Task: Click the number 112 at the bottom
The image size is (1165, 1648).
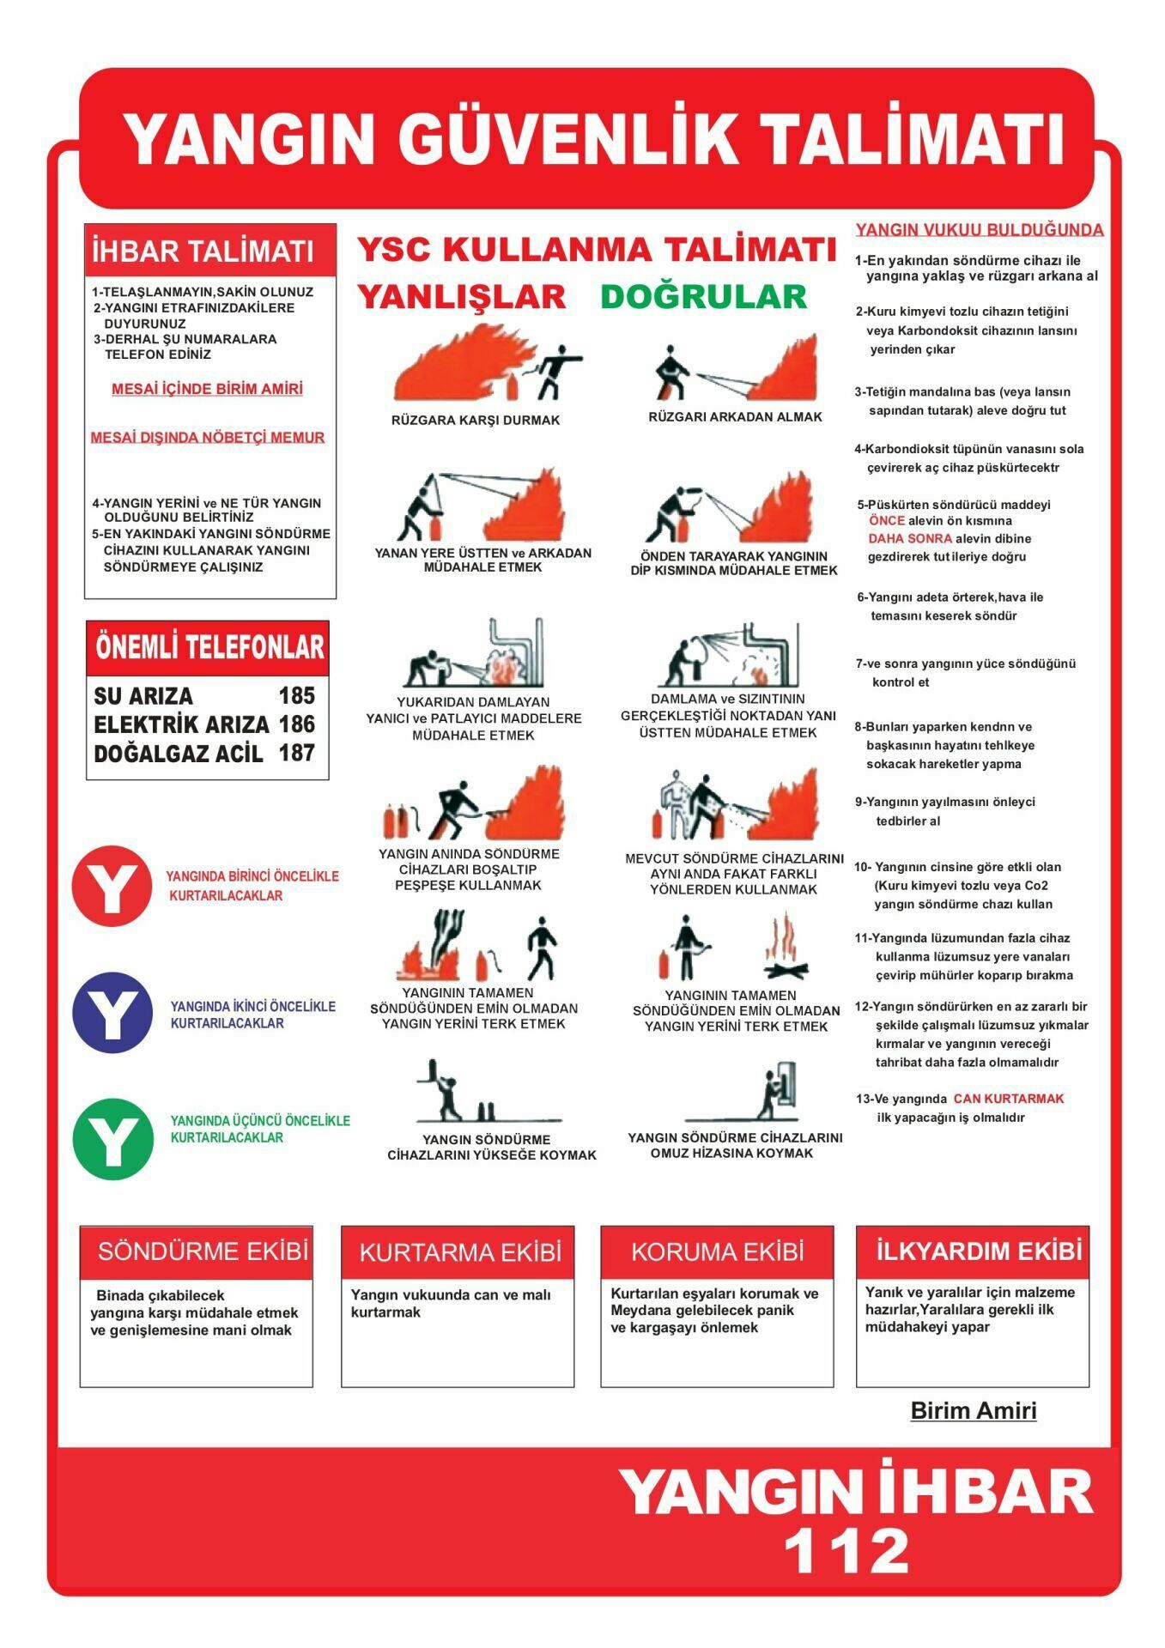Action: (846, 1551)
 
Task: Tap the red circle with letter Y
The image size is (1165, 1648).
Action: (112, 886)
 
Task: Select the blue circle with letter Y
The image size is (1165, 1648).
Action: (112, 1013)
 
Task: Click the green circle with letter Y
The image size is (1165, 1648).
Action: (112, 1140)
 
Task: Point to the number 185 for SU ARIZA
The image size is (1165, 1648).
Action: (296, 695)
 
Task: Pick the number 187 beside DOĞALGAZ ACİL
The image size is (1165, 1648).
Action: (296, 753)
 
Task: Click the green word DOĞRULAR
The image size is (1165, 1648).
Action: (703, 297)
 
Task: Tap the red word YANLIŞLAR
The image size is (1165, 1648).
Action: (461, 297)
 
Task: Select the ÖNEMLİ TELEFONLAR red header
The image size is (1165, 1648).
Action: (209, 648)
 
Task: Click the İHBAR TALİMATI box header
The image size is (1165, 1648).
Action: (203, 251)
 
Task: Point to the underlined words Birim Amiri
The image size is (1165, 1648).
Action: (973, 1410)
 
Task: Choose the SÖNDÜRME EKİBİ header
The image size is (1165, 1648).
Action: (203, 1251)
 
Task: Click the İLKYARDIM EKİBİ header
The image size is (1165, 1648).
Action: (978, 1251)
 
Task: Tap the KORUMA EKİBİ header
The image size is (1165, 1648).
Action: (717, 1251)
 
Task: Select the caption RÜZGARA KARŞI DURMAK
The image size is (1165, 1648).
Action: (475, 421)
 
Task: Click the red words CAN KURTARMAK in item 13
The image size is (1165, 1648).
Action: (1008, 1099)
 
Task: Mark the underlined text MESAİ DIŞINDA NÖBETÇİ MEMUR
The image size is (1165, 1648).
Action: (208, 438)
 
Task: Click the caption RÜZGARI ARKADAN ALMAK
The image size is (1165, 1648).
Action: (735, 417)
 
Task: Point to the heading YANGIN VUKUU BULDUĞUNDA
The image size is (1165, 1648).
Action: (979, 230)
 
